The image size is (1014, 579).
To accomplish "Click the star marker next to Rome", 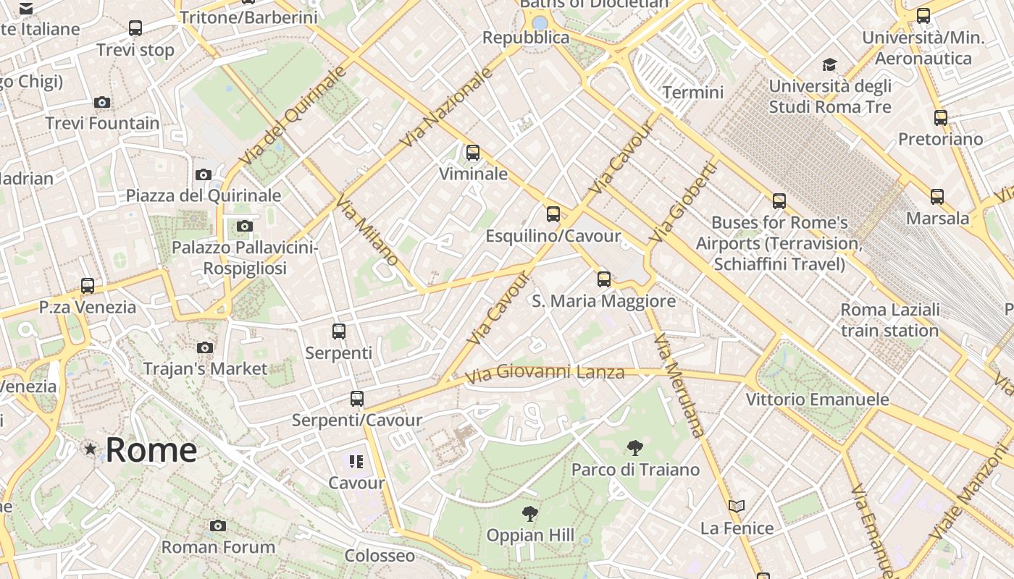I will coord(91,449).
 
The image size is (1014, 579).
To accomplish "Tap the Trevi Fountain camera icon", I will coord(102,102).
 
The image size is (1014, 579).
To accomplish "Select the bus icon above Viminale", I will coord(473,153).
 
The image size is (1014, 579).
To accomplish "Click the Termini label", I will coord(693,92).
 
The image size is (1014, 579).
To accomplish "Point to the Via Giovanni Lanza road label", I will coord(544,373).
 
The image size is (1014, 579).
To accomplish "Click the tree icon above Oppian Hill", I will coord(530,514).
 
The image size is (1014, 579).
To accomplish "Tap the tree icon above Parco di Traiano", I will coord(635,448).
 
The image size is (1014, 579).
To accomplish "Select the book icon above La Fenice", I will coord(737,507).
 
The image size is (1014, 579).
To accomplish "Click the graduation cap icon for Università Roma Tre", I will coord(829,65).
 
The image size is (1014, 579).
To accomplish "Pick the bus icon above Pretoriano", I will coord(940,117).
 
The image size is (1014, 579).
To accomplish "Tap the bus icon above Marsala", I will coord(937,196).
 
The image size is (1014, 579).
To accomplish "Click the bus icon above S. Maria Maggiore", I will coord(603,279).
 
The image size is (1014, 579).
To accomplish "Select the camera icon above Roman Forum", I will coord(218,525).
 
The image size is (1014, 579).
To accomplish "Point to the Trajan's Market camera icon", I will coord(205,347).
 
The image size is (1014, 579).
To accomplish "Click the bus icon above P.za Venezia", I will coord(88,285).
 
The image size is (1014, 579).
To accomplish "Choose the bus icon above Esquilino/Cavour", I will coord(553,214).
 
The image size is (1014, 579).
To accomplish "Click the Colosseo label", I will coord(380,556).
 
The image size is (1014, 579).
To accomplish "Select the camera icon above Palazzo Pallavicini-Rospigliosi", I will coord(245,227).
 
